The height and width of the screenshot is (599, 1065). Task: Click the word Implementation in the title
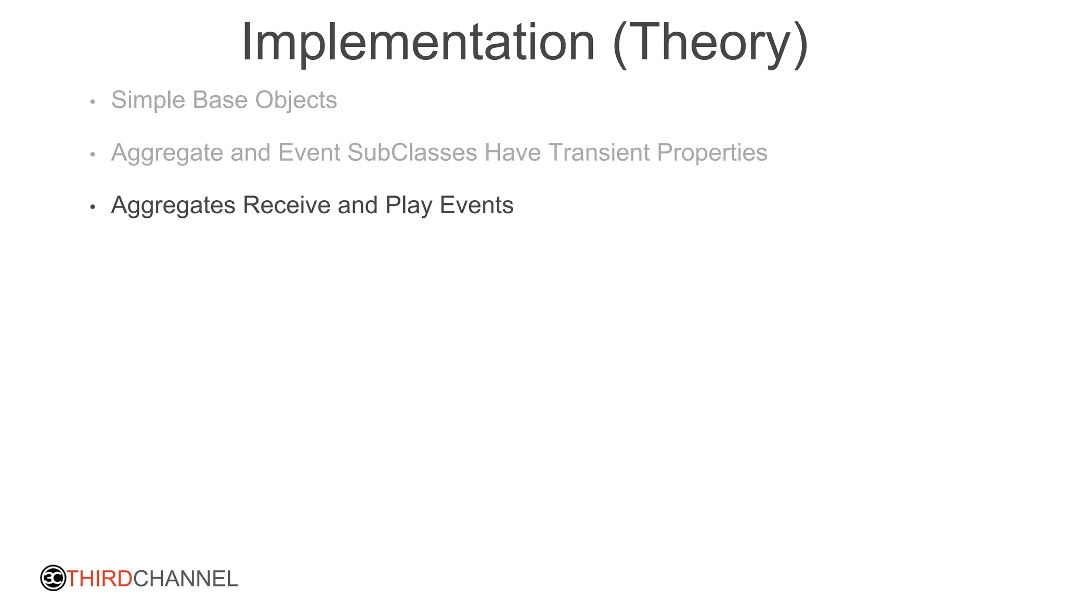pos(418,43)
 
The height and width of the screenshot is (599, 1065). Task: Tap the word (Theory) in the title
pos(710,44)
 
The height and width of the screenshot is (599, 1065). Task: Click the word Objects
pos(296,101)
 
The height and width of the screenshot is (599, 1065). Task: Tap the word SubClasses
pos(412,153)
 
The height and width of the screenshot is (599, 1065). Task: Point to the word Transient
pos(599,153)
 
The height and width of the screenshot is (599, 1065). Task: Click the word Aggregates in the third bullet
pos(173,206)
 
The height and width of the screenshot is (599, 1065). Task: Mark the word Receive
pos(287,205)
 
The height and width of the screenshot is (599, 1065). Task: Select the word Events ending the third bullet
pos(476,205)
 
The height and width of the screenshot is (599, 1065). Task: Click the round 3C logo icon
pos(53,578)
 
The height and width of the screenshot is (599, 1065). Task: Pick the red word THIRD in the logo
pos(99,579)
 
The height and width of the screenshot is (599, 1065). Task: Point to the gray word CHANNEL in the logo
pos(186,579)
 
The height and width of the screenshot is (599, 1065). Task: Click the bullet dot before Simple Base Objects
pos(93,102)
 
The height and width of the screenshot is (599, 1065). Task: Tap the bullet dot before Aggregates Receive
pos(93,207)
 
